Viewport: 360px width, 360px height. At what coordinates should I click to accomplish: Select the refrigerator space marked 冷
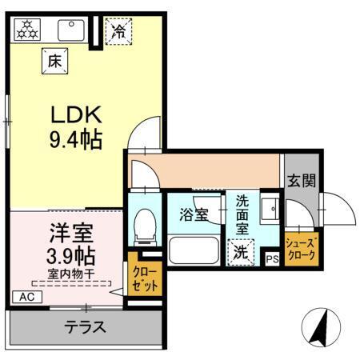click(117, 33)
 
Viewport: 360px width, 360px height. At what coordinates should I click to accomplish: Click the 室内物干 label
click(70, 274)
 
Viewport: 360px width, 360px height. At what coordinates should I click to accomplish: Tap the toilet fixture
click(145, 226)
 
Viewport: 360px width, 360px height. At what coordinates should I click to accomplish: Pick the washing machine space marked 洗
click(240, 252)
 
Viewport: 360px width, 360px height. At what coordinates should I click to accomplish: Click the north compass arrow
click(322, 326)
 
